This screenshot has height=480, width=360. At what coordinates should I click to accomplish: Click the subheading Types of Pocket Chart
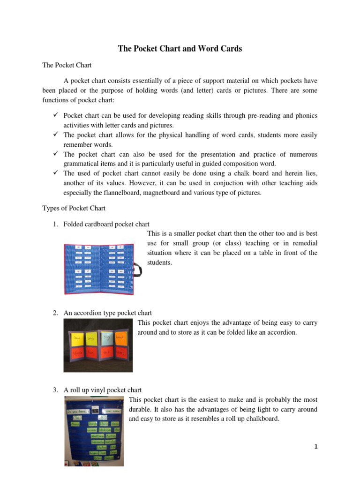(x=74, y=208)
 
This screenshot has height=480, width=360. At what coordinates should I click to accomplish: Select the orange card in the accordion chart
(x=120, y=337)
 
